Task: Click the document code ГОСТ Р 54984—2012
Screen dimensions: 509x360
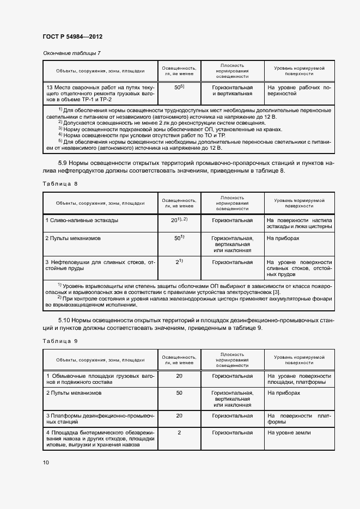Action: point(72,36)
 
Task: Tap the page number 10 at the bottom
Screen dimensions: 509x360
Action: point(46,462)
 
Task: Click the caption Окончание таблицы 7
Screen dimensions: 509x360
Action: point(71,53)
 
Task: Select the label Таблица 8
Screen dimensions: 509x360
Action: point(60,183)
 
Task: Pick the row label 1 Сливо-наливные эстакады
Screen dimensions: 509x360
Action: point(82,220)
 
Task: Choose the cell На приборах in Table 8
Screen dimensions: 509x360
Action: point(283,238)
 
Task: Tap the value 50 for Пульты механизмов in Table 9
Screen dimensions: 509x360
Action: point(179,393)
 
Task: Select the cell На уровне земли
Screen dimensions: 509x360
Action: point(289,432)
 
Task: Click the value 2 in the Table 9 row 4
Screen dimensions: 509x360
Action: point(179,432)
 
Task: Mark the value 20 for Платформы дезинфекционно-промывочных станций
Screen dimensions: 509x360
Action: point(179,415)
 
